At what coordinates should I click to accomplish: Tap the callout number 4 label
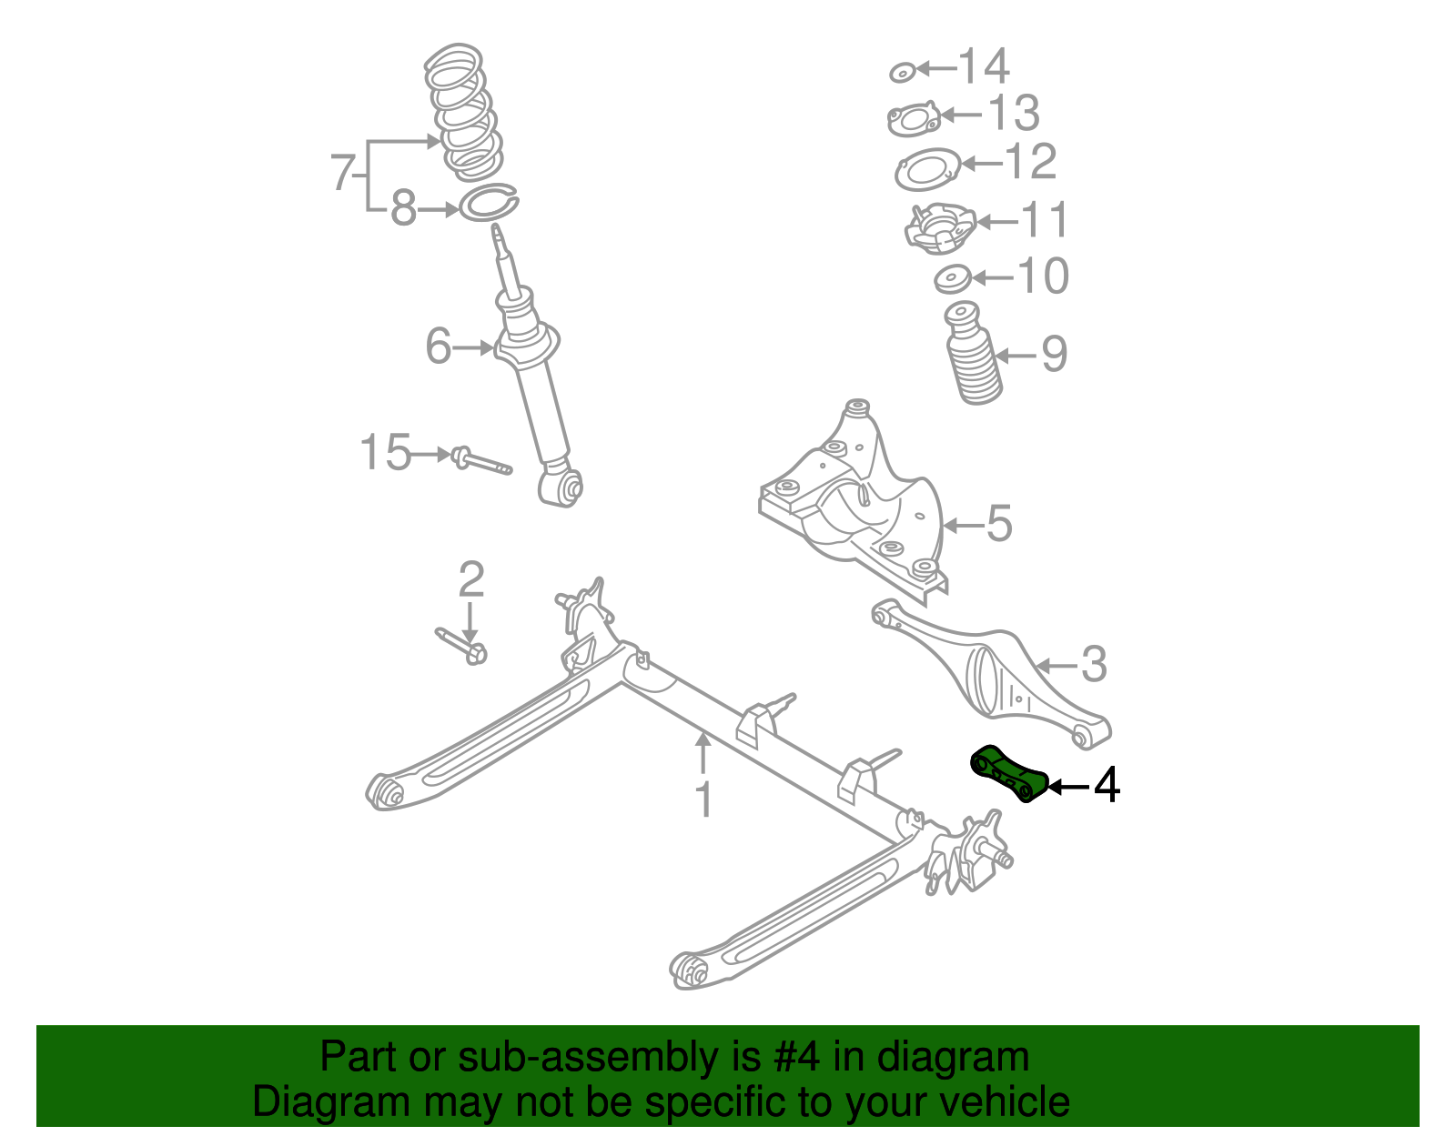[1107, 786]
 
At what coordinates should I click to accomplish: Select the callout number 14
[985, 66]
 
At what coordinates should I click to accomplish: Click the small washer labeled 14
[902, 72]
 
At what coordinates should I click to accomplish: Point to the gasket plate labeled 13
[913, 119]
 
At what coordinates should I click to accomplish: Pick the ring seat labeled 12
[927, 169]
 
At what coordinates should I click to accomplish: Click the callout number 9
[1054, 354]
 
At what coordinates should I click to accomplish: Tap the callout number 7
[342, 173]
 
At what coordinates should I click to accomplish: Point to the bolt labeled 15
[480, 461]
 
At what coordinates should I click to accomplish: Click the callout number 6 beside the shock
[439, 347]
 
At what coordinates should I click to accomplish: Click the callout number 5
[999, 524]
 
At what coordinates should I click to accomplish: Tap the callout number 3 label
[1094, 664]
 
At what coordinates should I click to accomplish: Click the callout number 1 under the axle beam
[703, 799]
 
